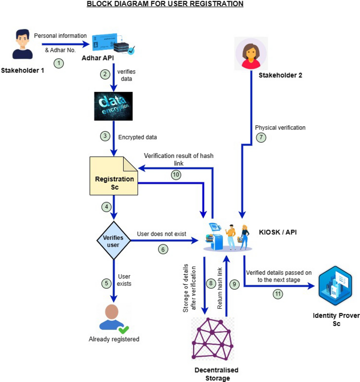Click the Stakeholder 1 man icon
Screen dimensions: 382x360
22,44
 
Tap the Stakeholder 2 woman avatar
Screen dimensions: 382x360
250,54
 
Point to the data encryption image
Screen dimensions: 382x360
113,106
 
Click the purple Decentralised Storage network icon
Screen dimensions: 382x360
212,339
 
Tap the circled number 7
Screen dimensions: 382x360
261,137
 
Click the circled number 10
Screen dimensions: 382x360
176,175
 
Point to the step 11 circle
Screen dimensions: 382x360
277,294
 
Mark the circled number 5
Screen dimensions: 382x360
106,283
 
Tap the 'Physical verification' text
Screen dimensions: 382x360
280,127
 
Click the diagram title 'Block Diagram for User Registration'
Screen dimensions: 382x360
165,4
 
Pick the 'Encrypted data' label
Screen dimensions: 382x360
138,137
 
